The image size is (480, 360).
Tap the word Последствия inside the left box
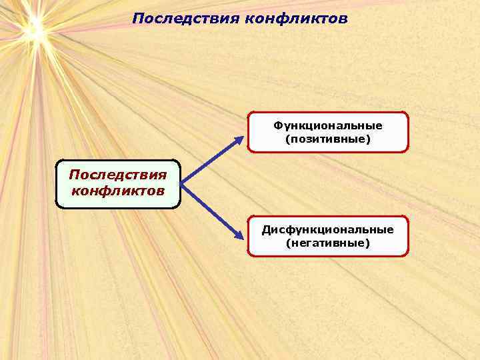point(117,175)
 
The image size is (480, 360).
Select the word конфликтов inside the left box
point(117,191)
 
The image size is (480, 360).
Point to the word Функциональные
point(327,125)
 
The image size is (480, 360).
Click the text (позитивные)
point(327,139)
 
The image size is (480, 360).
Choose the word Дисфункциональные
point(327,229)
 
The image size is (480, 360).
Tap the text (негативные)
point(327,243)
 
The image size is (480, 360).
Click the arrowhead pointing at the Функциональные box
point(241,139)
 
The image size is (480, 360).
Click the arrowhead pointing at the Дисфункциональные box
point(241,234)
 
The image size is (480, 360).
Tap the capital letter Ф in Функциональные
point(277,125)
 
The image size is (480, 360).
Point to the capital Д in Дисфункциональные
point(265,229)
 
